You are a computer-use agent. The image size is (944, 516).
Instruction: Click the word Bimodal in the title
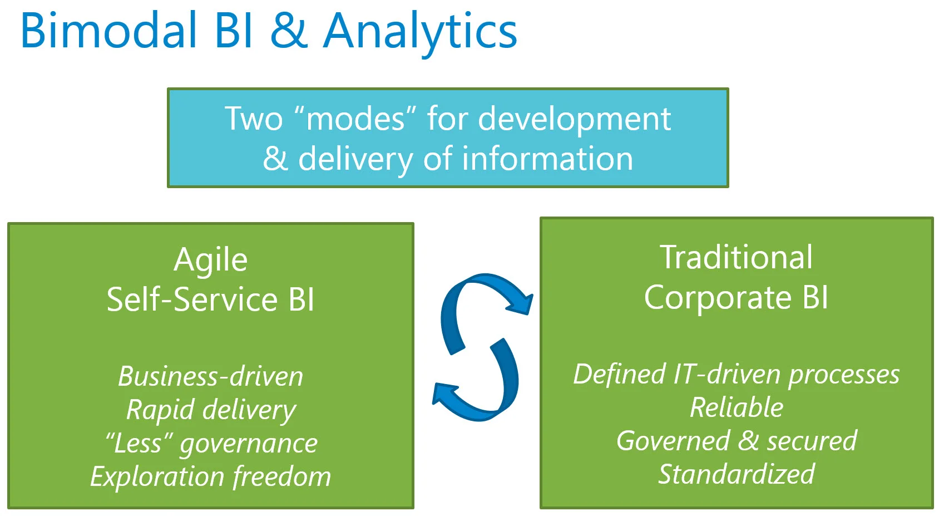(109, 31)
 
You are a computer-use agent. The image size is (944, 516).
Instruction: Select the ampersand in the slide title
(289, 31)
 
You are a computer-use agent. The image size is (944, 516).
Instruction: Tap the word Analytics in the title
(420, 32)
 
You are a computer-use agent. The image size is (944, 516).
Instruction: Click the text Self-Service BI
(210, 299)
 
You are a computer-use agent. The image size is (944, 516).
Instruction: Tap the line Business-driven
(210, 376)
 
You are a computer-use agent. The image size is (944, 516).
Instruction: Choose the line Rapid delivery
(210, 410)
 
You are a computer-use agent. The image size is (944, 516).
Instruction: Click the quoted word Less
(139, 444)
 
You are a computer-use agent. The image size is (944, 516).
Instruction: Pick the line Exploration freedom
(210, 477)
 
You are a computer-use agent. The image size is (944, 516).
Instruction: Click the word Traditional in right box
(736, 257)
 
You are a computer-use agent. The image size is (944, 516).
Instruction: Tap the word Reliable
(736, 407)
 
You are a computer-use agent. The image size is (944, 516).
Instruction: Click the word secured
(812, 441)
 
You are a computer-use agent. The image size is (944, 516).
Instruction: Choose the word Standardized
(736, 474)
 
